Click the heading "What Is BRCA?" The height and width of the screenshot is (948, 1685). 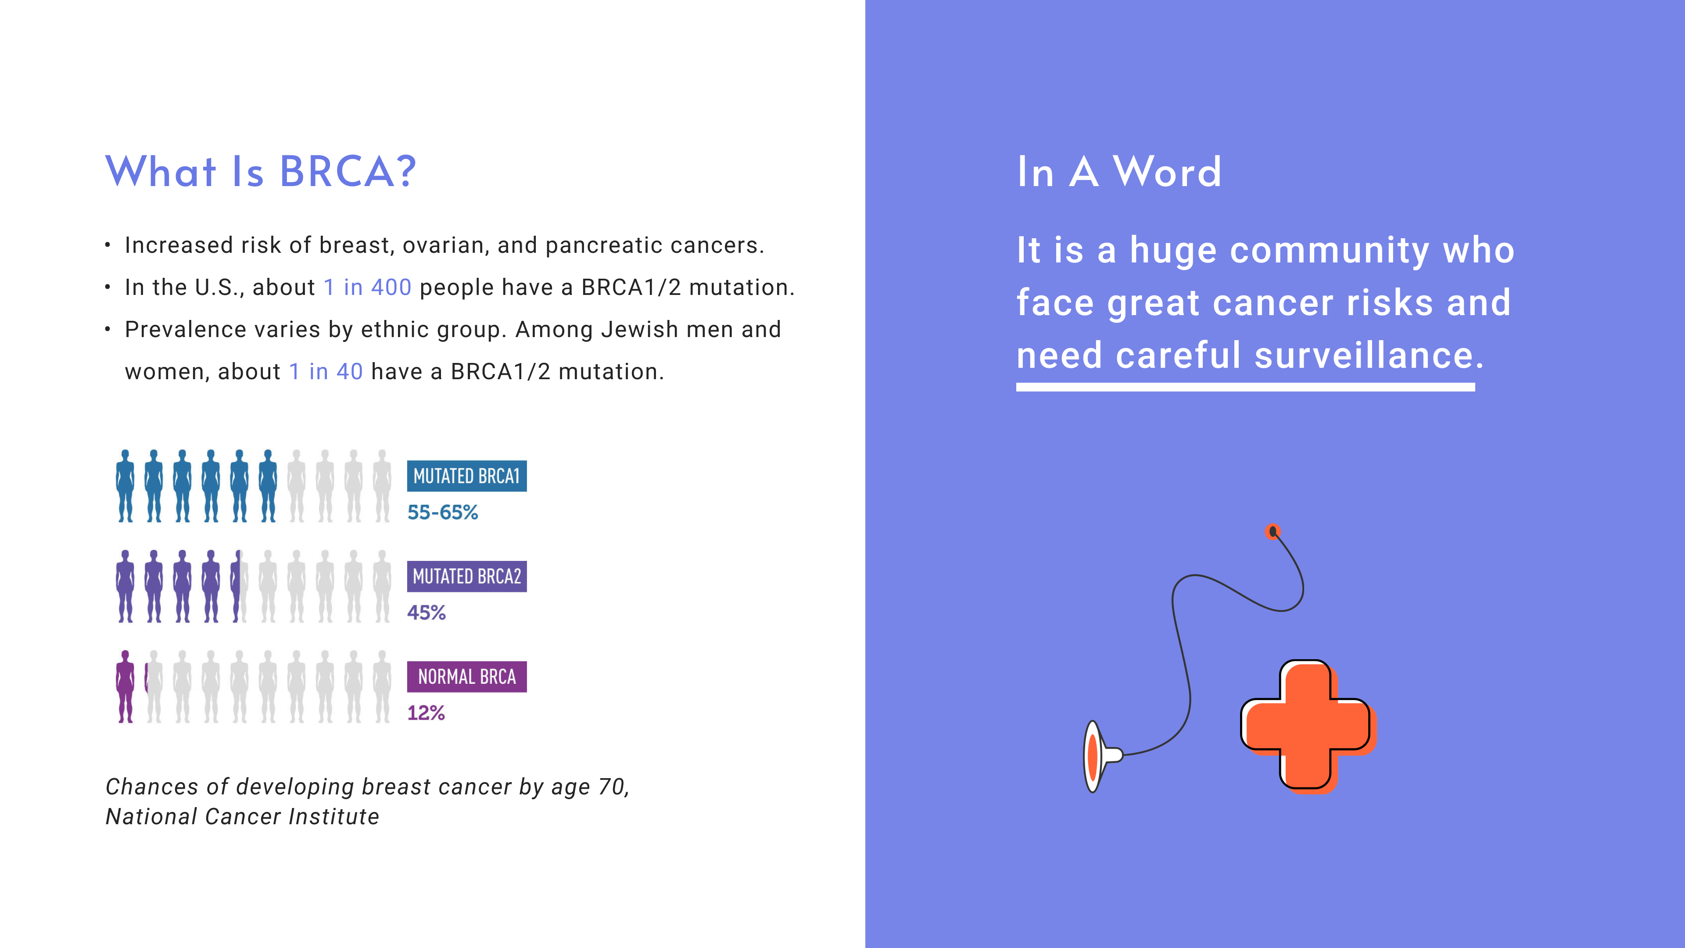[260, 172]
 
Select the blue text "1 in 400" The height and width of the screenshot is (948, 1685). [368, 287]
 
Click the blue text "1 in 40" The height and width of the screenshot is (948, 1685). [326, 372]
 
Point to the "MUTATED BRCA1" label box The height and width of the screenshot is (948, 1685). [467, 476]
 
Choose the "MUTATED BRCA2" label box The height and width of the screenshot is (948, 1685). [467, 576]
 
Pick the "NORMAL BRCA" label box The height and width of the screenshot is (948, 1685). [467, 676]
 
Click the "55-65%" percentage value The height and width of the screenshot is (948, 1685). [443, 512]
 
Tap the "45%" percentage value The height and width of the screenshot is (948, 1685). [427, 612]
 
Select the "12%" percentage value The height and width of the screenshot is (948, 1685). [426, 712]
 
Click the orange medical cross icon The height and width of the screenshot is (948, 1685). [1308, 726]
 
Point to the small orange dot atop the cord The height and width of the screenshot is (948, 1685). [1272, 531]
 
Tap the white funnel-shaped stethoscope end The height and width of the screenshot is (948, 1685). [1099, 756]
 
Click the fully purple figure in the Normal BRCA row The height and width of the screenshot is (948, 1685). [125, 686]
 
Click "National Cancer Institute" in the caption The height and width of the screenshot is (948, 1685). [243, 816]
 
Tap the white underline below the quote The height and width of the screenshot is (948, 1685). [1245, 387]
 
